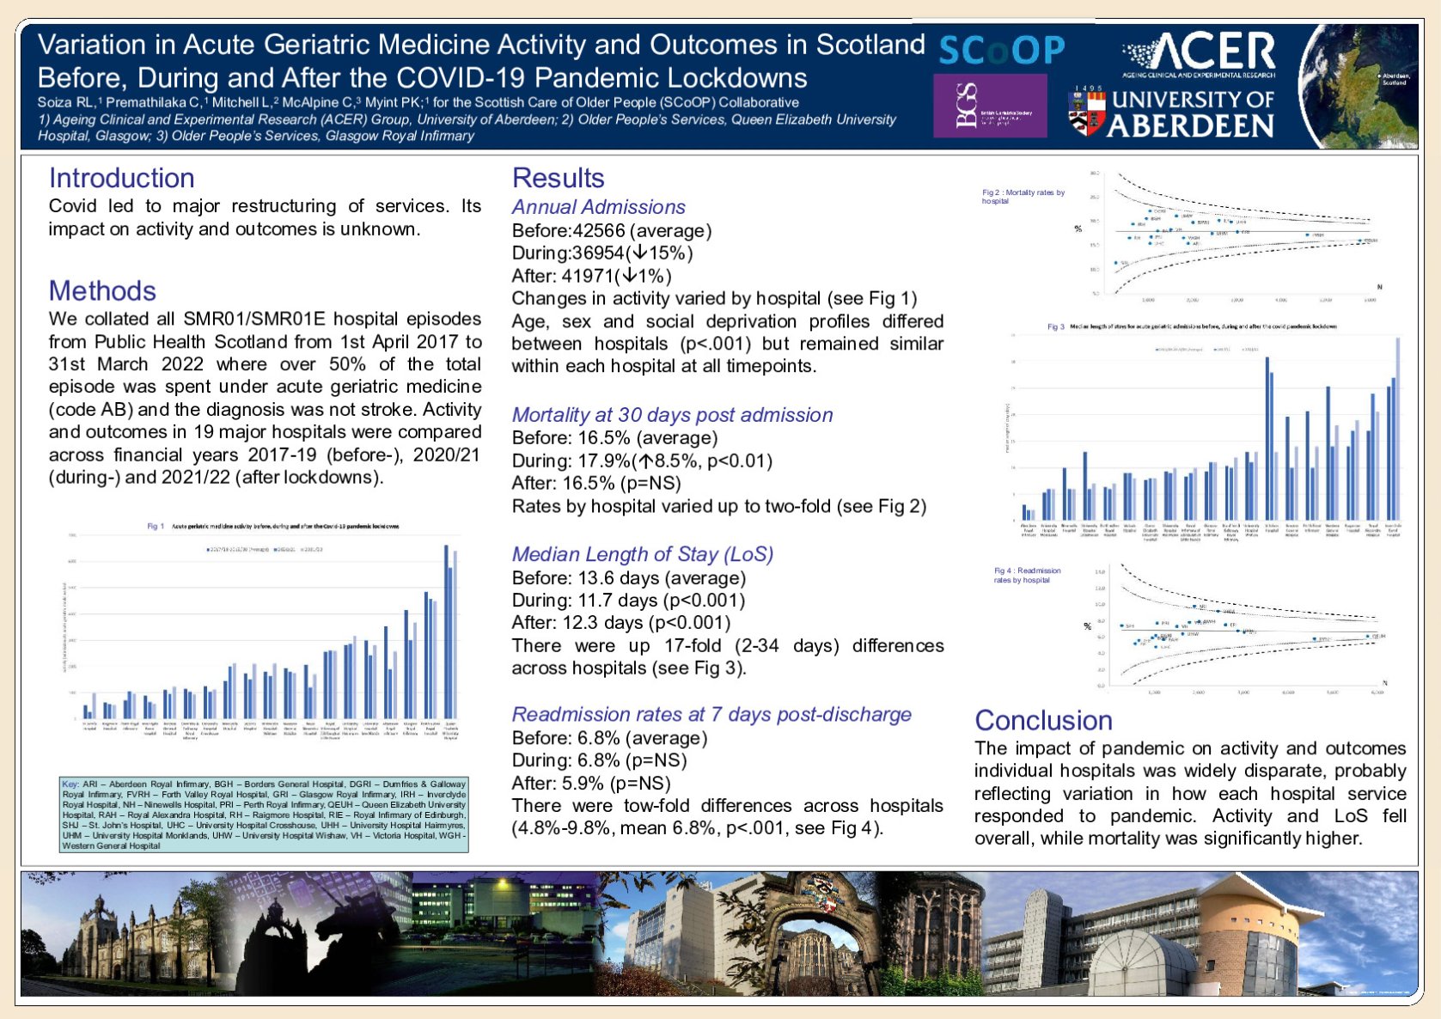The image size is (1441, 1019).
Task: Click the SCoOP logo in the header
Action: [x=1001, y=51]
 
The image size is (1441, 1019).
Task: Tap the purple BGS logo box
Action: [x=990, y=105]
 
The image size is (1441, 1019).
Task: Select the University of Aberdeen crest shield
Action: [x=1085, y=112]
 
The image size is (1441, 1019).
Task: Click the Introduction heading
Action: [x=121, y=178]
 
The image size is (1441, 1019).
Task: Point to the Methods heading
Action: [x=102, y=290]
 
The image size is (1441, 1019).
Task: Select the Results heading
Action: [x=558, y=178]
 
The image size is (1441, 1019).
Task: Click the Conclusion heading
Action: [x=1043, y=720]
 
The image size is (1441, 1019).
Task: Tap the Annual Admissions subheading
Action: [x=598, y=207]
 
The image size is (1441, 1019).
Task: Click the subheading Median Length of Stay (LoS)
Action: [x=642, y=554]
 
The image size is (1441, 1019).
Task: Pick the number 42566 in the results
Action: [x=599, y=230]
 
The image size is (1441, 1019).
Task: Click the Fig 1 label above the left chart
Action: [x=156, y=526]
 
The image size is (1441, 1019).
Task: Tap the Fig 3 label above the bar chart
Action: [x=1055, y=326]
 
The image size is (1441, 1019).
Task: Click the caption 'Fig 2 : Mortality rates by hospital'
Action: [x=1023, y=197]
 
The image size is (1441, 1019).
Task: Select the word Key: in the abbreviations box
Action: [x=70, y=784]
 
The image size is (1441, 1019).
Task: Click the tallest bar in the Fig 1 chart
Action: [x=446, y=632]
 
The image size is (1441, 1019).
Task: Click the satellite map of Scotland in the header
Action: [x=1357, y=86]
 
